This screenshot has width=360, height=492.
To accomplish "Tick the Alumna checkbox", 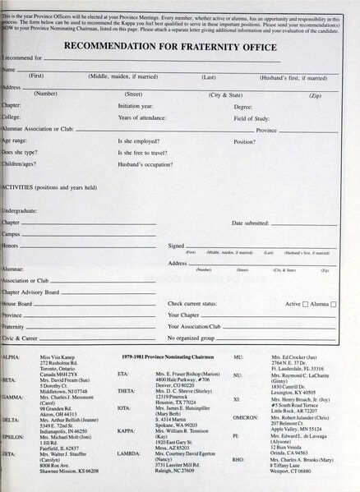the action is [x=334, y=304].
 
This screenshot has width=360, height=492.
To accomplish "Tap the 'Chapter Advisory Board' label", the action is [x=30, y=292].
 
